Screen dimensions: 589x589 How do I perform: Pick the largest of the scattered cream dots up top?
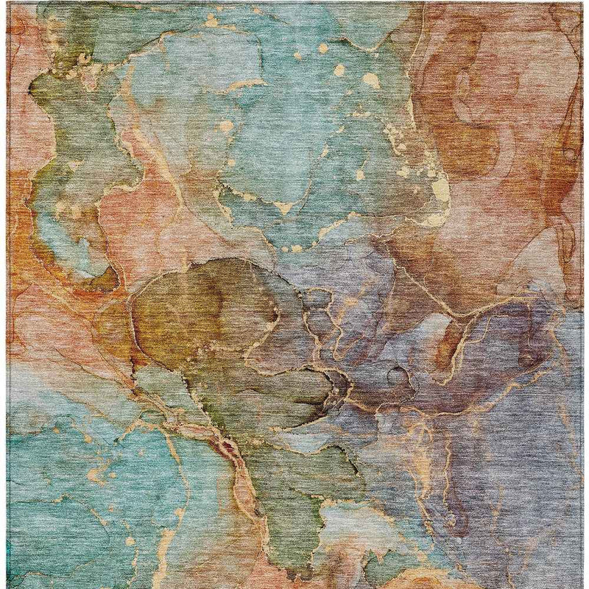point(370,80)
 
